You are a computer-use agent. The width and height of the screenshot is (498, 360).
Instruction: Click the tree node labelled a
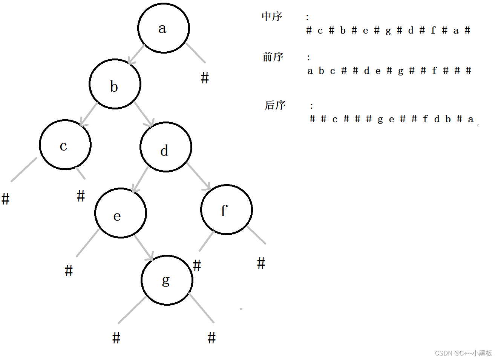(x=163, y=28)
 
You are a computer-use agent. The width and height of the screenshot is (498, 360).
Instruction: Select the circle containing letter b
(x=115, y=84)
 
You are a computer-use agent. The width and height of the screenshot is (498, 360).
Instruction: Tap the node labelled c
(x=65, y=145)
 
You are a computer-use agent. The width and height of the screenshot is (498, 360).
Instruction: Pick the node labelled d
(x=166, y=147)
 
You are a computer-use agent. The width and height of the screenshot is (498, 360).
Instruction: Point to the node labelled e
(x=121, y=213)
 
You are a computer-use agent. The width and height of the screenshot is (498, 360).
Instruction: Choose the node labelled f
(x=227, y=210)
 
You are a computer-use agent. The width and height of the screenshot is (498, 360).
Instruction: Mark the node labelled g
(x=167, y=280)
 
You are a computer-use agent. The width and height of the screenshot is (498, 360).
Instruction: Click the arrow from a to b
(x=136, y=55)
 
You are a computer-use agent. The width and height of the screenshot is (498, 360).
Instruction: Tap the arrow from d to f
(x=199, y=177)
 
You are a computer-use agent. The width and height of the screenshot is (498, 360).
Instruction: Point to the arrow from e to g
(x=144, y=248)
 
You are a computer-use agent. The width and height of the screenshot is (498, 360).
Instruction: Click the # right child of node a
(x=205, y=78)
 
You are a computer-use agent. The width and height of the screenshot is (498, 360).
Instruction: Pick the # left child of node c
(x=5, y=199)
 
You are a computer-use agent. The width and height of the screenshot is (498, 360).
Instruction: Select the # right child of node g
(x=211, y=338)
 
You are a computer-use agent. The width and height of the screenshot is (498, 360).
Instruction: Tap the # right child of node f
(x=261, y=263)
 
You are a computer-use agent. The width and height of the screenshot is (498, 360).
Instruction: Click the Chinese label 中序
(x=272, y=17)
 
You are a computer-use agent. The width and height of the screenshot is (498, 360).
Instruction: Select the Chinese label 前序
(x=273, y=57)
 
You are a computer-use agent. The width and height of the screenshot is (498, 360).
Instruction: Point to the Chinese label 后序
(x=275, y=105)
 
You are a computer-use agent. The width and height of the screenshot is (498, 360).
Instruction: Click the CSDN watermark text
(x=463, y=353)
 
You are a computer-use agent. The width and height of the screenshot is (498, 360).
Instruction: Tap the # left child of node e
(x=69, y=271)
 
